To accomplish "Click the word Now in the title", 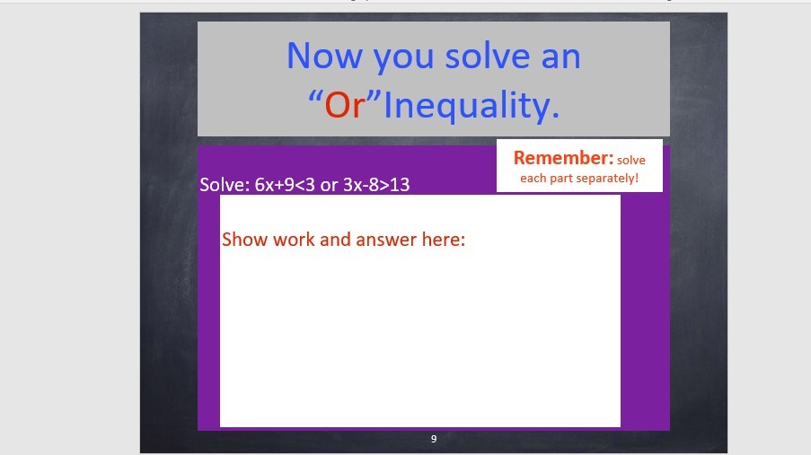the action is click(x=324, y=56).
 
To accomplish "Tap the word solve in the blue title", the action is click(x=488, y=56).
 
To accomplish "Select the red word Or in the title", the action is click(x=345, y=105).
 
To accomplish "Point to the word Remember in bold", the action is click(x=563, y=158).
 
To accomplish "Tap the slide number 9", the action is click(x=434, y=439).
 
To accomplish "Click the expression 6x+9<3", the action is click(x=285, y=185).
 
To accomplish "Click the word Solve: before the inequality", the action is click(x=225, y=185).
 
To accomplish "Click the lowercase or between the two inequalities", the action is click(x=329, y=186).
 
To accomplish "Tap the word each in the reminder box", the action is click(x=530, y=178).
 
